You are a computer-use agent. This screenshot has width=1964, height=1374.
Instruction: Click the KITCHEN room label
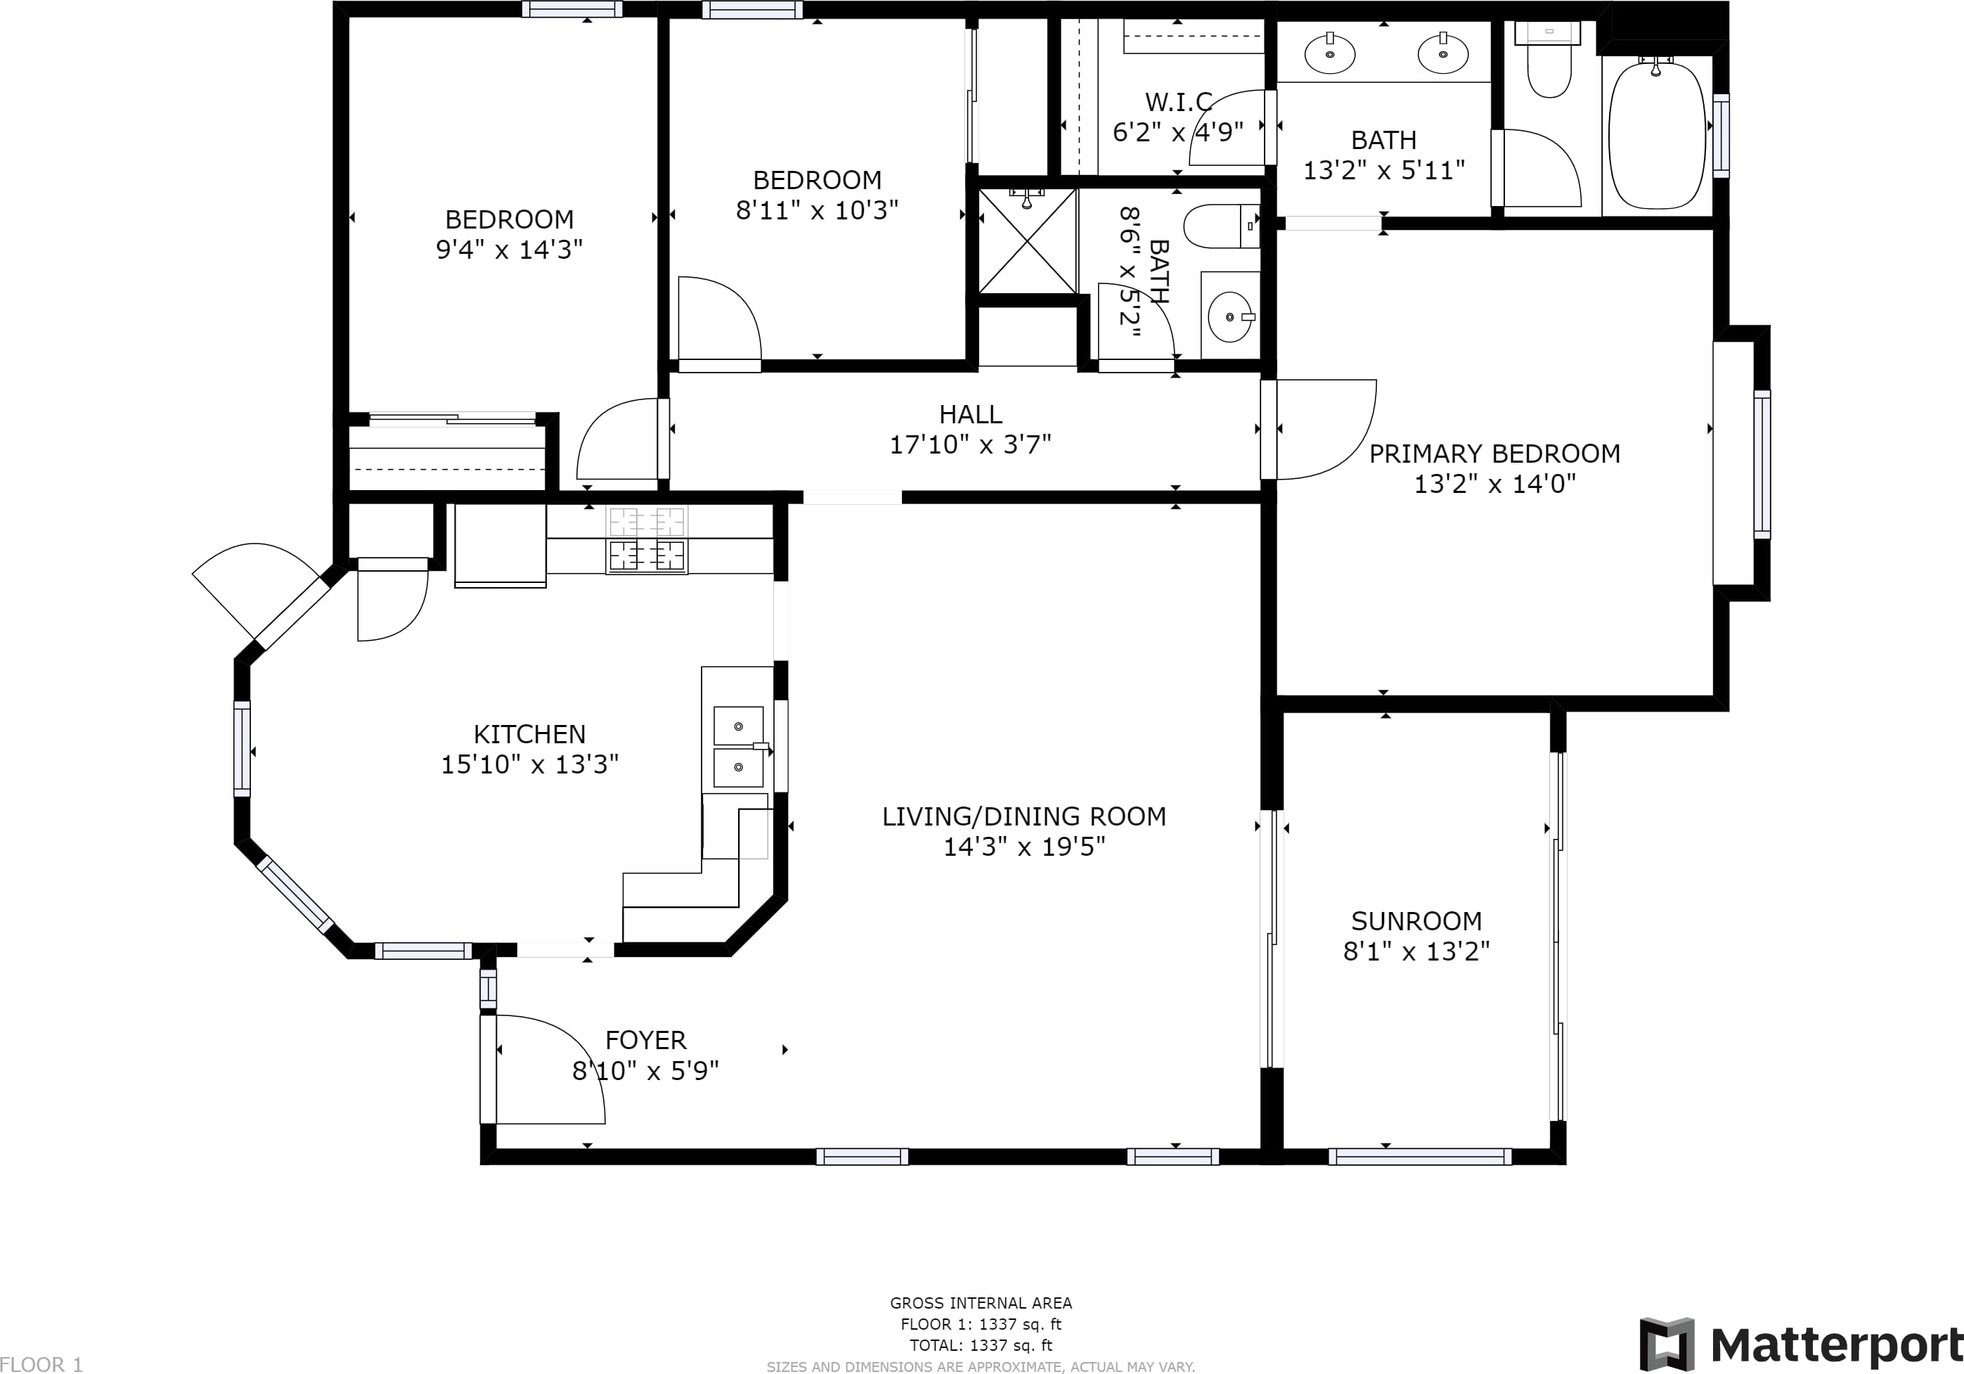tap(529, 734)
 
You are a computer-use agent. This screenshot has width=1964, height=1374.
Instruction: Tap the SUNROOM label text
tap(1416, 921)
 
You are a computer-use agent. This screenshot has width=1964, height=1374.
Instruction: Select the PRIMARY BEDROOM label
tap(1494, 454)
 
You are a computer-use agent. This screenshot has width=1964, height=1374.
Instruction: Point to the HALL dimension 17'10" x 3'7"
tap(970, 444)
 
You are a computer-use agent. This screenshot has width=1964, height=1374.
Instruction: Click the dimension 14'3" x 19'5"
tap(1024, 846)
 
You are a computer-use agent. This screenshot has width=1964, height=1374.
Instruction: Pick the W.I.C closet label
tap(1179, 102)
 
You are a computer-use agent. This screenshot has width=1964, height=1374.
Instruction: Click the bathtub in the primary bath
tap(1657, 134)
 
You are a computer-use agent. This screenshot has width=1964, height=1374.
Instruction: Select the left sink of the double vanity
tap(1329, 53)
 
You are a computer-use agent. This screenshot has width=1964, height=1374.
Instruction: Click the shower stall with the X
tap(1026, 240)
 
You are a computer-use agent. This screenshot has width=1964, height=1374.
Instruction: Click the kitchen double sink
tap(738, 746)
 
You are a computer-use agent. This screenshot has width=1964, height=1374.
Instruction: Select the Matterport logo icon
tap(1667, 1344)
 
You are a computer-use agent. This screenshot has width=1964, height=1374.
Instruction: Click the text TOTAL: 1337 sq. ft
tap(981, 1345)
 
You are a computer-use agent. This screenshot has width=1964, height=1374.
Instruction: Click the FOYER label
tap(645, 1040)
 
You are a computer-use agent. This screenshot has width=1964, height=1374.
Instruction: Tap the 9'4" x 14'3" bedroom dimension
tap(509, 249)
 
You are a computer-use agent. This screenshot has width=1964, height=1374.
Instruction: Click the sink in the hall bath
tap(1230, 316)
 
